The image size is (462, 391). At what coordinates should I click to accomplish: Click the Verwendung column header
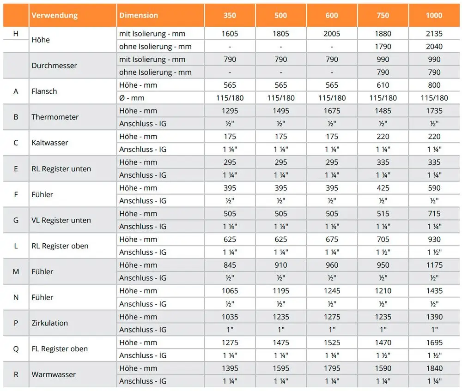point(55,15)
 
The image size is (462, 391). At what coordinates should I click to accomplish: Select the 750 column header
point(383,15)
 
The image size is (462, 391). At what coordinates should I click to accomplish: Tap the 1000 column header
point(434,15)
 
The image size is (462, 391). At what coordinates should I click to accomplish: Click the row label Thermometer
point(55,117)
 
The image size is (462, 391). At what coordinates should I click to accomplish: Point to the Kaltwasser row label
point(50,143)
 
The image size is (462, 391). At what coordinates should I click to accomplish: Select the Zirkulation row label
point(50,323)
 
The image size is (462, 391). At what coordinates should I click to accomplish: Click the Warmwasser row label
point(54,374)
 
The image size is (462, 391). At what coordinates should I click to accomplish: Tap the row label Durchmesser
point(54,66)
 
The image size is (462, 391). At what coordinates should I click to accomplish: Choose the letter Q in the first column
point(16,349)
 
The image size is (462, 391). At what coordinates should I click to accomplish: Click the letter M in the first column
point(16,271)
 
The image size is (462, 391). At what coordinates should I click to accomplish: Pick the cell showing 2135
point(434,34)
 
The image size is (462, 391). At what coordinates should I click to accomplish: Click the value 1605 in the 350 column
point(230,34)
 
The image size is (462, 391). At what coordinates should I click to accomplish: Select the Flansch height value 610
point(383,85)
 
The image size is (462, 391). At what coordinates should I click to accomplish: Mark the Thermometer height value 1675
point(332,111)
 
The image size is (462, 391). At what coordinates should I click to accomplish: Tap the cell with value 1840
point(434,368)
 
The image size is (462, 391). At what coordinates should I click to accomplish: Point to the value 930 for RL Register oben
point(434,240)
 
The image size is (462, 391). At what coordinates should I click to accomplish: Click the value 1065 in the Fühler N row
point(230,291)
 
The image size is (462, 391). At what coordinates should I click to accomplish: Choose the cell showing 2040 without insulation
point(434,47)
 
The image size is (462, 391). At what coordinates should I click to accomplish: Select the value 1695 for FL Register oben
point(434,343)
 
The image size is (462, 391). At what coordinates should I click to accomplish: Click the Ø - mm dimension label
point(132,98)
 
